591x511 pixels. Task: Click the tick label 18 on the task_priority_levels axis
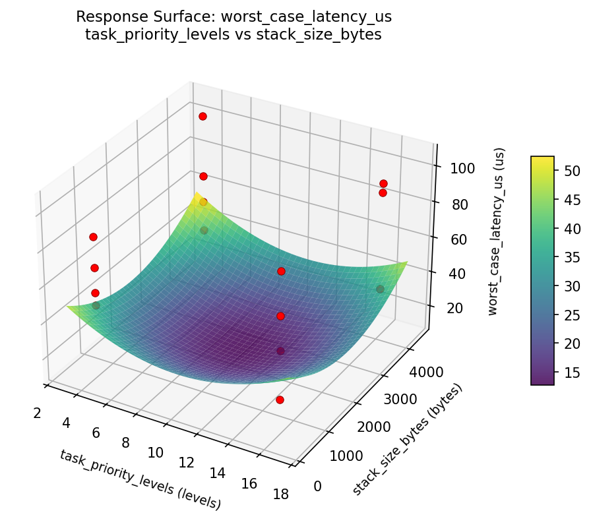tap(280, 495)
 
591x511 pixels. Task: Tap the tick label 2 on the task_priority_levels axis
tap(37, 413)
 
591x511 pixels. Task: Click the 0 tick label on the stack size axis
tap(317, 486)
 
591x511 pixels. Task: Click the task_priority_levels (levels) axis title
tap(140, 479)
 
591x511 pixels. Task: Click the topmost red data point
tap(202, 116)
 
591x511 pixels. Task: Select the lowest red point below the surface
tap(280, 400)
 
